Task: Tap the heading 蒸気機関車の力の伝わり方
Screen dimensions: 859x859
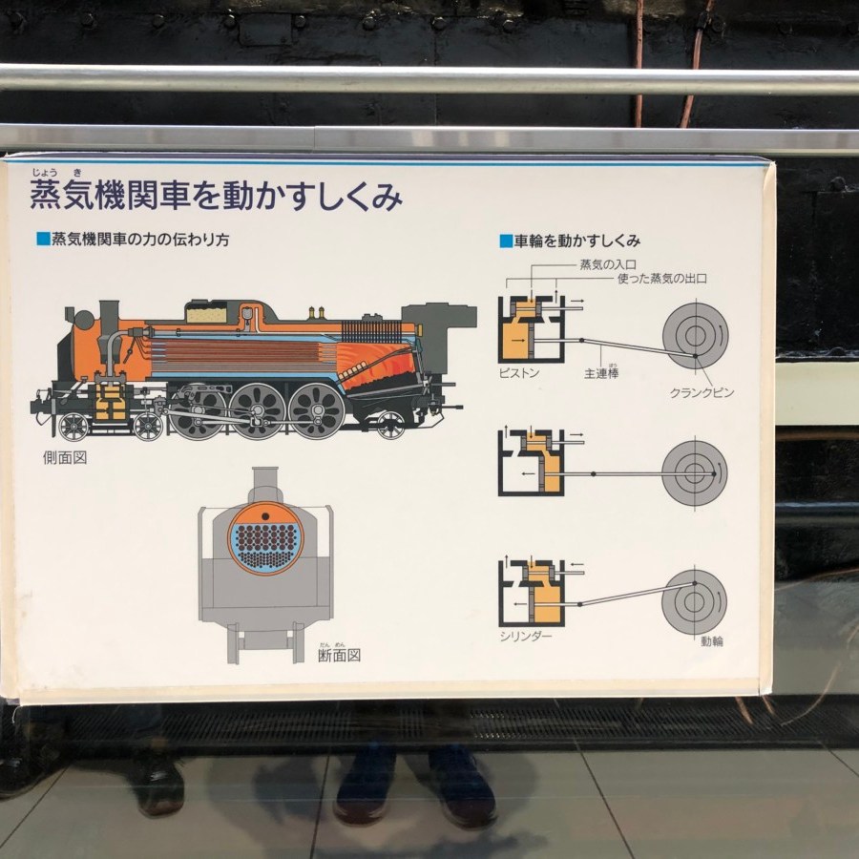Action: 140,240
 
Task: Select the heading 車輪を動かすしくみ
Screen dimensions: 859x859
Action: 577,241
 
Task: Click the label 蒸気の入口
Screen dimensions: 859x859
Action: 608,265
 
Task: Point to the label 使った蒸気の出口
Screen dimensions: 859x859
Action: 662,279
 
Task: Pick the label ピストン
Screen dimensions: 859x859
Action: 519,373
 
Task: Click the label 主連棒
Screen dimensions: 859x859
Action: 601,373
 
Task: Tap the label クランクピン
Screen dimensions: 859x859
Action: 702,393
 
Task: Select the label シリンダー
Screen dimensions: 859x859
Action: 526,637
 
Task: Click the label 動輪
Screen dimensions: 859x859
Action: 712,641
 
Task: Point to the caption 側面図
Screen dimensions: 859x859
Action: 65,458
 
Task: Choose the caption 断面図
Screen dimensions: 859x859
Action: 340,656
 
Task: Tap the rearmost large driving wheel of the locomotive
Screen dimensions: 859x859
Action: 317,410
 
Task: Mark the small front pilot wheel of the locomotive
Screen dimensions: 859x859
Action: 73,427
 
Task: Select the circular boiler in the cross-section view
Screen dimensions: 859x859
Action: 265,539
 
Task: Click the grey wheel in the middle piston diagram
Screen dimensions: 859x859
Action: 694,473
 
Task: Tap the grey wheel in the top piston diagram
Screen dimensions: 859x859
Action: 695,336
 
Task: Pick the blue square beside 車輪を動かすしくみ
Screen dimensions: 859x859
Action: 506,241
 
